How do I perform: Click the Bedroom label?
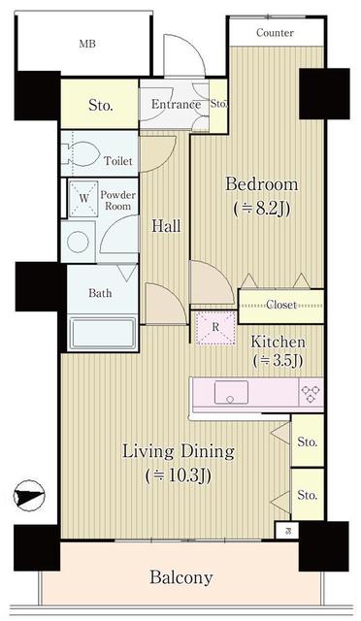tap(262, 184)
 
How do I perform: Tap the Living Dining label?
tap(179, 451)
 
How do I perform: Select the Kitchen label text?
tap(278, 342)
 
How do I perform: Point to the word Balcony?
tap(181, 578)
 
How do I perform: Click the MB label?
tap(87, 44)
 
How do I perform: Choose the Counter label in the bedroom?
tap(275, 32)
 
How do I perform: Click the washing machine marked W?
tap(83, 198)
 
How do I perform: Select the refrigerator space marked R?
tap(215, 328)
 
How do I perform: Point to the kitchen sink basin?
tap(231, 392)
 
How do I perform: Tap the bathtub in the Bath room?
tap(102, 332)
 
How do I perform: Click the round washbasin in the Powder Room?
tap(78, 242)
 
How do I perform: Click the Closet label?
tap(281, 305)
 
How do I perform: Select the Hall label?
tap(167, 226)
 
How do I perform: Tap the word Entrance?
tap(176, 104)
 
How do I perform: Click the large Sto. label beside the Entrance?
tap(101, 106)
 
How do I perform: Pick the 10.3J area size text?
tap(178, 475)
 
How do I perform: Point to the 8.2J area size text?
tap(262, 209)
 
